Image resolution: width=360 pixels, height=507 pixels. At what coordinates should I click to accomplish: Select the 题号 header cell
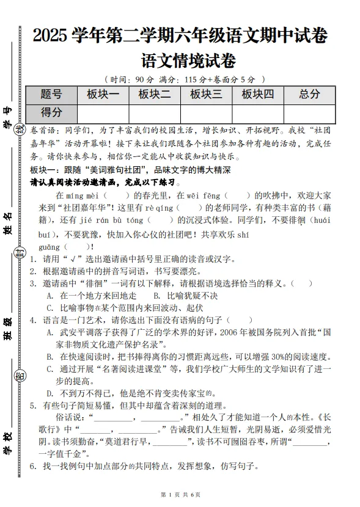tap(51, 94)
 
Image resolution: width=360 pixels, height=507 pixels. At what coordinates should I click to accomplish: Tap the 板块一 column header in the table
tap(103, 94)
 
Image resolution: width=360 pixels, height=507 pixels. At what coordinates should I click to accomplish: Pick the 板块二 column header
tap(155, 94)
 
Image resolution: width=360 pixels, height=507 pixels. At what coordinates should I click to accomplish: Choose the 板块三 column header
tap(206, 94)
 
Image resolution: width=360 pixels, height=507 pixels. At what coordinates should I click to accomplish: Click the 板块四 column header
tap(257, 94)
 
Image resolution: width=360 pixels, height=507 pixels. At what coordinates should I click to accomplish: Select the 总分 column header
tap(309, 94)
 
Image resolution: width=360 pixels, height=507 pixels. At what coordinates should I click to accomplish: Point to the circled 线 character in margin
tap(20, 128)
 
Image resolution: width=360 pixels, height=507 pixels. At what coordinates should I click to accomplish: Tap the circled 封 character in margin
tap(20, 253)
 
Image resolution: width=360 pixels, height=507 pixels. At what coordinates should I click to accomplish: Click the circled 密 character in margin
tap(20, 376)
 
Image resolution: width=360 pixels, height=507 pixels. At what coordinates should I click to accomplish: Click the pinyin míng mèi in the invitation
tap(85, 196)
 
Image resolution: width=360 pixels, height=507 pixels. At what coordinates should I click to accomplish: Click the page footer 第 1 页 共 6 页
tap(180, 494)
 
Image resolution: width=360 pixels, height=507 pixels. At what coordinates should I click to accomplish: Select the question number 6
tap(33, 466)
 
